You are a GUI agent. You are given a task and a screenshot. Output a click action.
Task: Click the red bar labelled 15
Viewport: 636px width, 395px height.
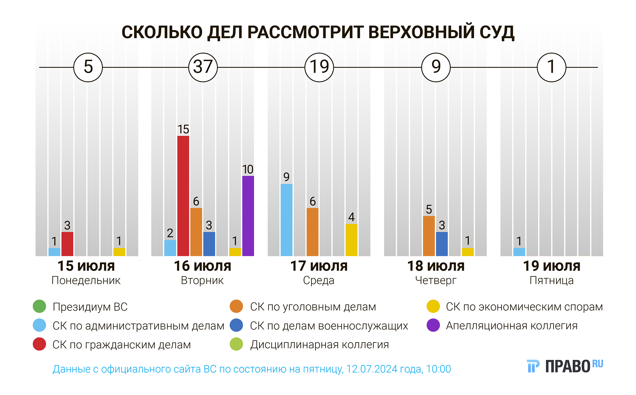coord(183,196)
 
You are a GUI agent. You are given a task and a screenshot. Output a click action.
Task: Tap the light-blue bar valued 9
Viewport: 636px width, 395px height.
coord(287,219)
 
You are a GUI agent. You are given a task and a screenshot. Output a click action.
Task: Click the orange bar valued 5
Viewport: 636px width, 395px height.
coord(429,236)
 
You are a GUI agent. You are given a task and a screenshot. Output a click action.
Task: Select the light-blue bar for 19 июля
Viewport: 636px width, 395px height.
coord(519,252)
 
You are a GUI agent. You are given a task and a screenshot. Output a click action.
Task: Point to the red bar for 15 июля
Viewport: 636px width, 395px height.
coord(67,244)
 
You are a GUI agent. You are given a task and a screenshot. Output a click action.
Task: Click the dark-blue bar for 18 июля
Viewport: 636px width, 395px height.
coord(442,244)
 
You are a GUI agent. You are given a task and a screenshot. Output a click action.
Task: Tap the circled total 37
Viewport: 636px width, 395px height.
coord(203,67)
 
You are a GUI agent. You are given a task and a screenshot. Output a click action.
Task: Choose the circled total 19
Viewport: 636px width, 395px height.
coord(319,67)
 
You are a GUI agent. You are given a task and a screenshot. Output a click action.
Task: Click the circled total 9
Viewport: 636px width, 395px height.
coord(436,67)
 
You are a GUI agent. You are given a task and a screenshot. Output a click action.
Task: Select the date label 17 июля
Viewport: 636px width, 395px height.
coord(319,266)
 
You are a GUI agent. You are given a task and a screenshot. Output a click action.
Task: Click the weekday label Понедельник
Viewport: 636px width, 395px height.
coord(86,281)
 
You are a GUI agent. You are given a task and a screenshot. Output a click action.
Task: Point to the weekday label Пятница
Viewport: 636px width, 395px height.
coord(552,281)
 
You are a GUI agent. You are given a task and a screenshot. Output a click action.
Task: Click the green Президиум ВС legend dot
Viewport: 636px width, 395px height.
coord(39,307)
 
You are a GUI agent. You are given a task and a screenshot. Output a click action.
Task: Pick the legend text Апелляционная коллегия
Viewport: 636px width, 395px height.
coord(512,326)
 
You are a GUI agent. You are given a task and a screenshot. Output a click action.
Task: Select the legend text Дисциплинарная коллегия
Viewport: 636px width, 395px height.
coord(319,345)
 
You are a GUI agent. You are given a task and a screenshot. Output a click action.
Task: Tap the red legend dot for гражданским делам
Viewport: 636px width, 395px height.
coord(39,344)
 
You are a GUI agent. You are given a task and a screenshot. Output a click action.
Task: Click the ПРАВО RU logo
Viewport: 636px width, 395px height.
coord(565,366)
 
